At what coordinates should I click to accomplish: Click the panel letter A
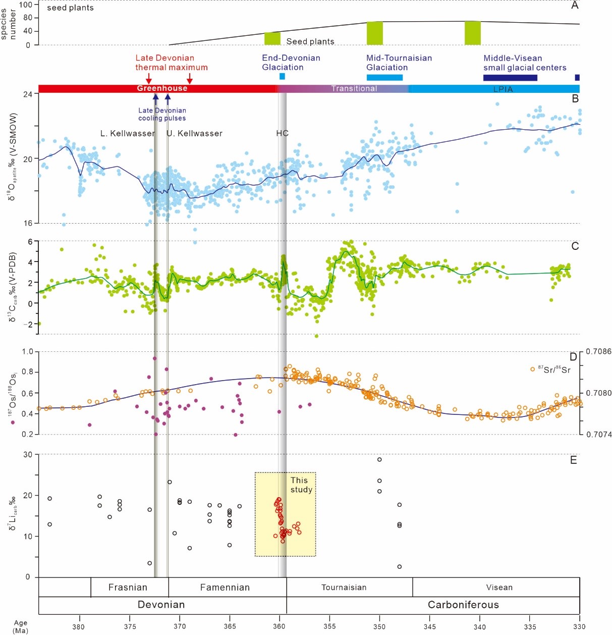point(575,6)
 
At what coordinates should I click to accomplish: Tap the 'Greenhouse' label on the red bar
point(162,88)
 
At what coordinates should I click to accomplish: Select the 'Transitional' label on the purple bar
point(354,88)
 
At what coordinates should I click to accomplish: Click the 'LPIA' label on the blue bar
point(503,89)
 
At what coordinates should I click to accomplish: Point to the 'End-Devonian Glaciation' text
point(291,63)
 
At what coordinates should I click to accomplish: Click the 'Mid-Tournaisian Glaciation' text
point(399,63)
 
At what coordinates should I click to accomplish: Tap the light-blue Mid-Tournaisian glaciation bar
point(384,77)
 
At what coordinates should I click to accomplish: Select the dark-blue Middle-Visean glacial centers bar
point(510,78)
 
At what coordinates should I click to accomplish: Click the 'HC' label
point(282,133)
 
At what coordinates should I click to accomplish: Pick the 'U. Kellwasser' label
point(195,133)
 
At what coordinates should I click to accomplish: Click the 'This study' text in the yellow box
point(301,485)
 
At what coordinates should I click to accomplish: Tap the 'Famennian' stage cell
point(225,587)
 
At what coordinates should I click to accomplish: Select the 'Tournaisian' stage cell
point(344,587)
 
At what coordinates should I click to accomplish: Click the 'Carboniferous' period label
point(463,604)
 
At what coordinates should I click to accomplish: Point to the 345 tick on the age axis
point(429,626)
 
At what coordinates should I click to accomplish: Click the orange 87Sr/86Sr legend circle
point(532,369)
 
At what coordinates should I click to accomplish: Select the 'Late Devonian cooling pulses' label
point(162,114)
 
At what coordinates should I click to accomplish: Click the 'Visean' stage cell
point(499,587)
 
